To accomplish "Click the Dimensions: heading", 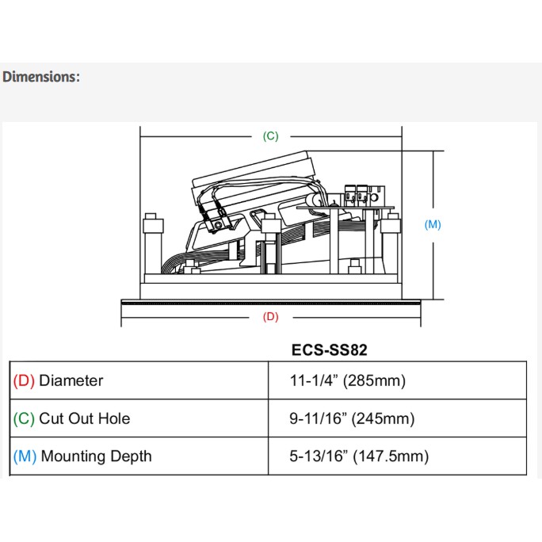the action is tap(40, 77).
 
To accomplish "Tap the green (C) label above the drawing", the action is tap(270, 136).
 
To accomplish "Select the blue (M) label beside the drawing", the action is tap(433, 225).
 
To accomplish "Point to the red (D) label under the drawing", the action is tap(270, 317).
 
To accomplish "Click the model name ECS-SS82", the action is tap(329, 349).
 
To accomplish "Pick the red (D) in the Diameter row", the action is tap(24, 380).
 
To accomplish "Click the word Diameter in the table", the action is tap(71, 380).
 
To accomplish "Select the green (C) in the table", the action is tap(24, 418).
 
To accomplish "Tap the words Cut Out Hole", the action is tap(84, 418).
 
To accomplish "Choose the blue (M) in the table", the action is tap(25, 456).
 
